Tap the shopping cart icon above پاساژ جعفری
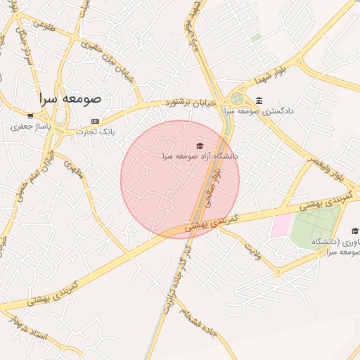tap(30, 115)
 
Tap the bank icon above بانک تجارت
tap(95, 120)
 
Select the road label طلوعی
tap(43, 25)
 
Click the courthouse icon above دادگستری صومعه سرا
tap(259, 101)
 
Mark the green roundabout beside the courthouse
tap(237, 99)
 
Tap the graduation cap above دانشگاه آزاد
tap(200, 145)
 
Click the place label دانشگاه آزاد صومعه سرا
tap(200, 155)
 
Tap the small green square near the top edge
tap(255, 37)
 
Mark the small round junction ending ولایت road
tap(278, 271)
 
